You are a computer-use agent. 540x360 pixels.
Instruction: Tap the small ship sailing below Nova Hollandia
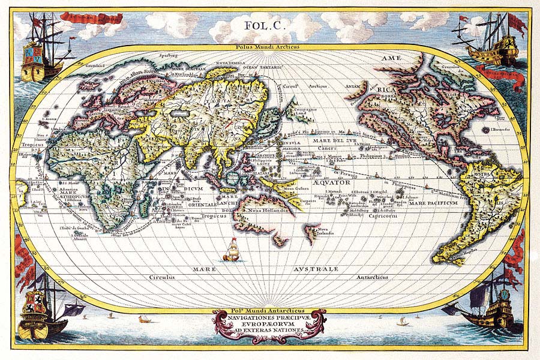coord(231,250)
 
